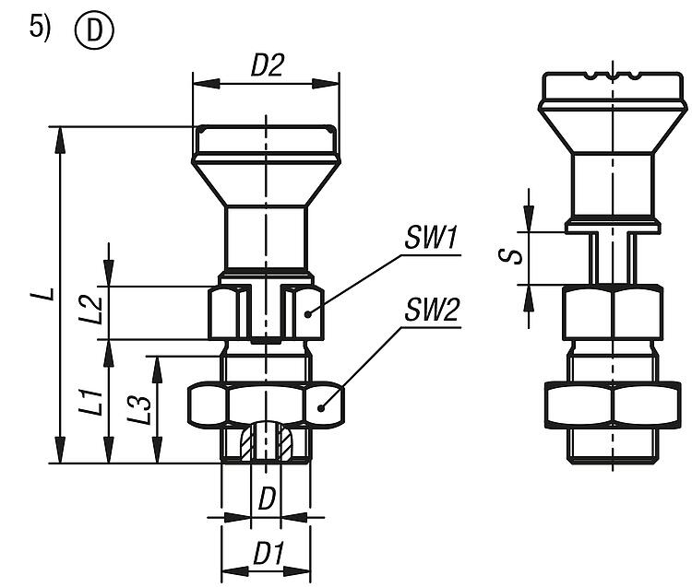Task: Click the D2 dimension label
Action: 268,67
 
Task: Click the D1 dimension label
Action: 268,556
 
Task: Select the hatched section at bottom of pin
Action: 267,444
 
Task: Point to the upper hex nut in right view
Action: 612,313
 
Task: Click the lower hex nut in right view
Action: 612,405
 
